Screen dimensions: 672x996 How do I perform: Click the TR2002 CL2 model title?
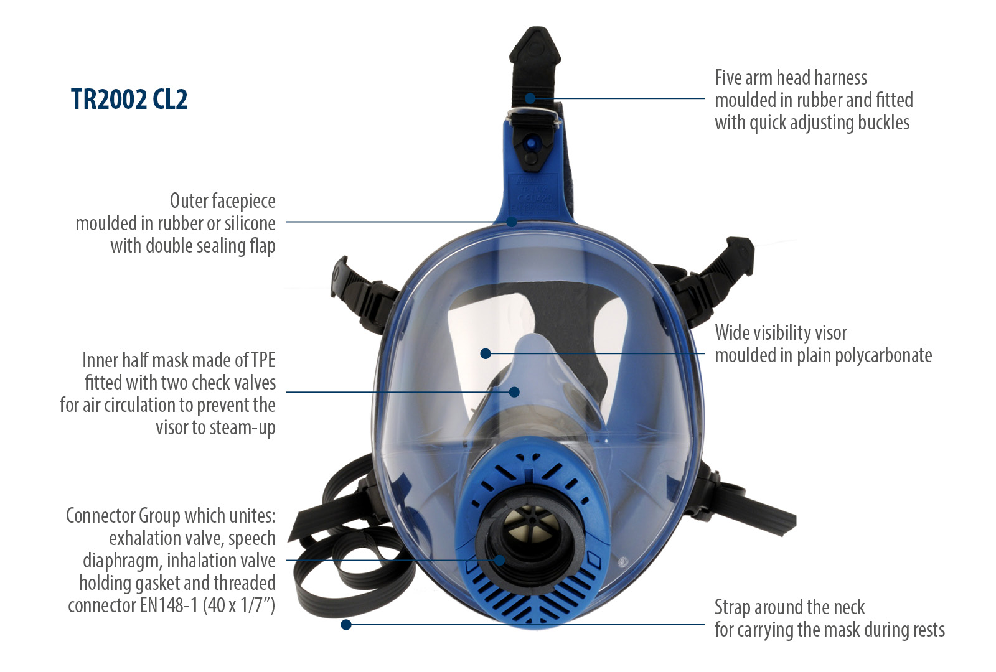[129, 100]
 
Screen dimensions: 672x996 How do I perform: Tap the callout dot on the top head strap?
[530, 98]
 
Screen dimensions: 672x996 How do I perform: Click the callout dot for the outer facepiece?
[512, 222]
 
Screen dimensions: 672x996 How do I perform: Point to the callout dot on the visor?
[486, 353]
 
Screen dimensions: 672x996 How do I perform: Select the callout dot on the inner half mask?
[514, 392]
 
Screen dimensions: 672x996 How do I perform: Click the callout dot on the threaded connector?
[500, 560]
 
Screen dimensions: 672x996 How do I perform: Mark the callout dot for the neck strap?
[346, 624]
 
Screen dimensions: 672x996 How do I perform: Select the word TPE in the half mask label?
[263, 360]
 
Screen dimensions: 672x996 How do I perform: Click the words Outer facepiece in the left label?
[222, 201]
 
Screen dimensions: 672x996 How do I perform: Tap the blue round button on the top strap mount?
[530, 144]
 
